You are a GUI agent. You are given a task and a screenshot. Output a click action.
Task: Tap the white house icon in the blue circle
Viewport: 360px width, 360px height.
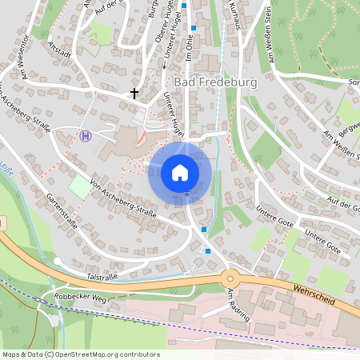180,173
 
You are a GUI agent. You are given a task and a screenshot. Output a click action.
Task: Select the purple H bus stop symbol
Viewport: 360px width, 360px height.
86,135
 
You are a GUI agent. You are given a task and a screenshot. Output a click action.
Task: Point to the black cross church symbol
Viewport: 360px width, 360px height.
134,94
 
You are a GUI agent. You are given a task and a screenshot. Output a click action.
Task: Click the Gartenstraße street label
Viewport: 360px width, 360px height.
62,211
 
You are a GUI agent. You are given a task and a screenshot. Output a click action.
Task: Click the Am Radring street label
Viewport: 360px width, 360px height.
238,305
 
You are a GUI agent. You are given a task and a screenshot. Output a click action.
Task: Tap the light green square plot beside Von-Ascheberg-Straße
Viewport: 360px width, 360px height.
80,187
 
